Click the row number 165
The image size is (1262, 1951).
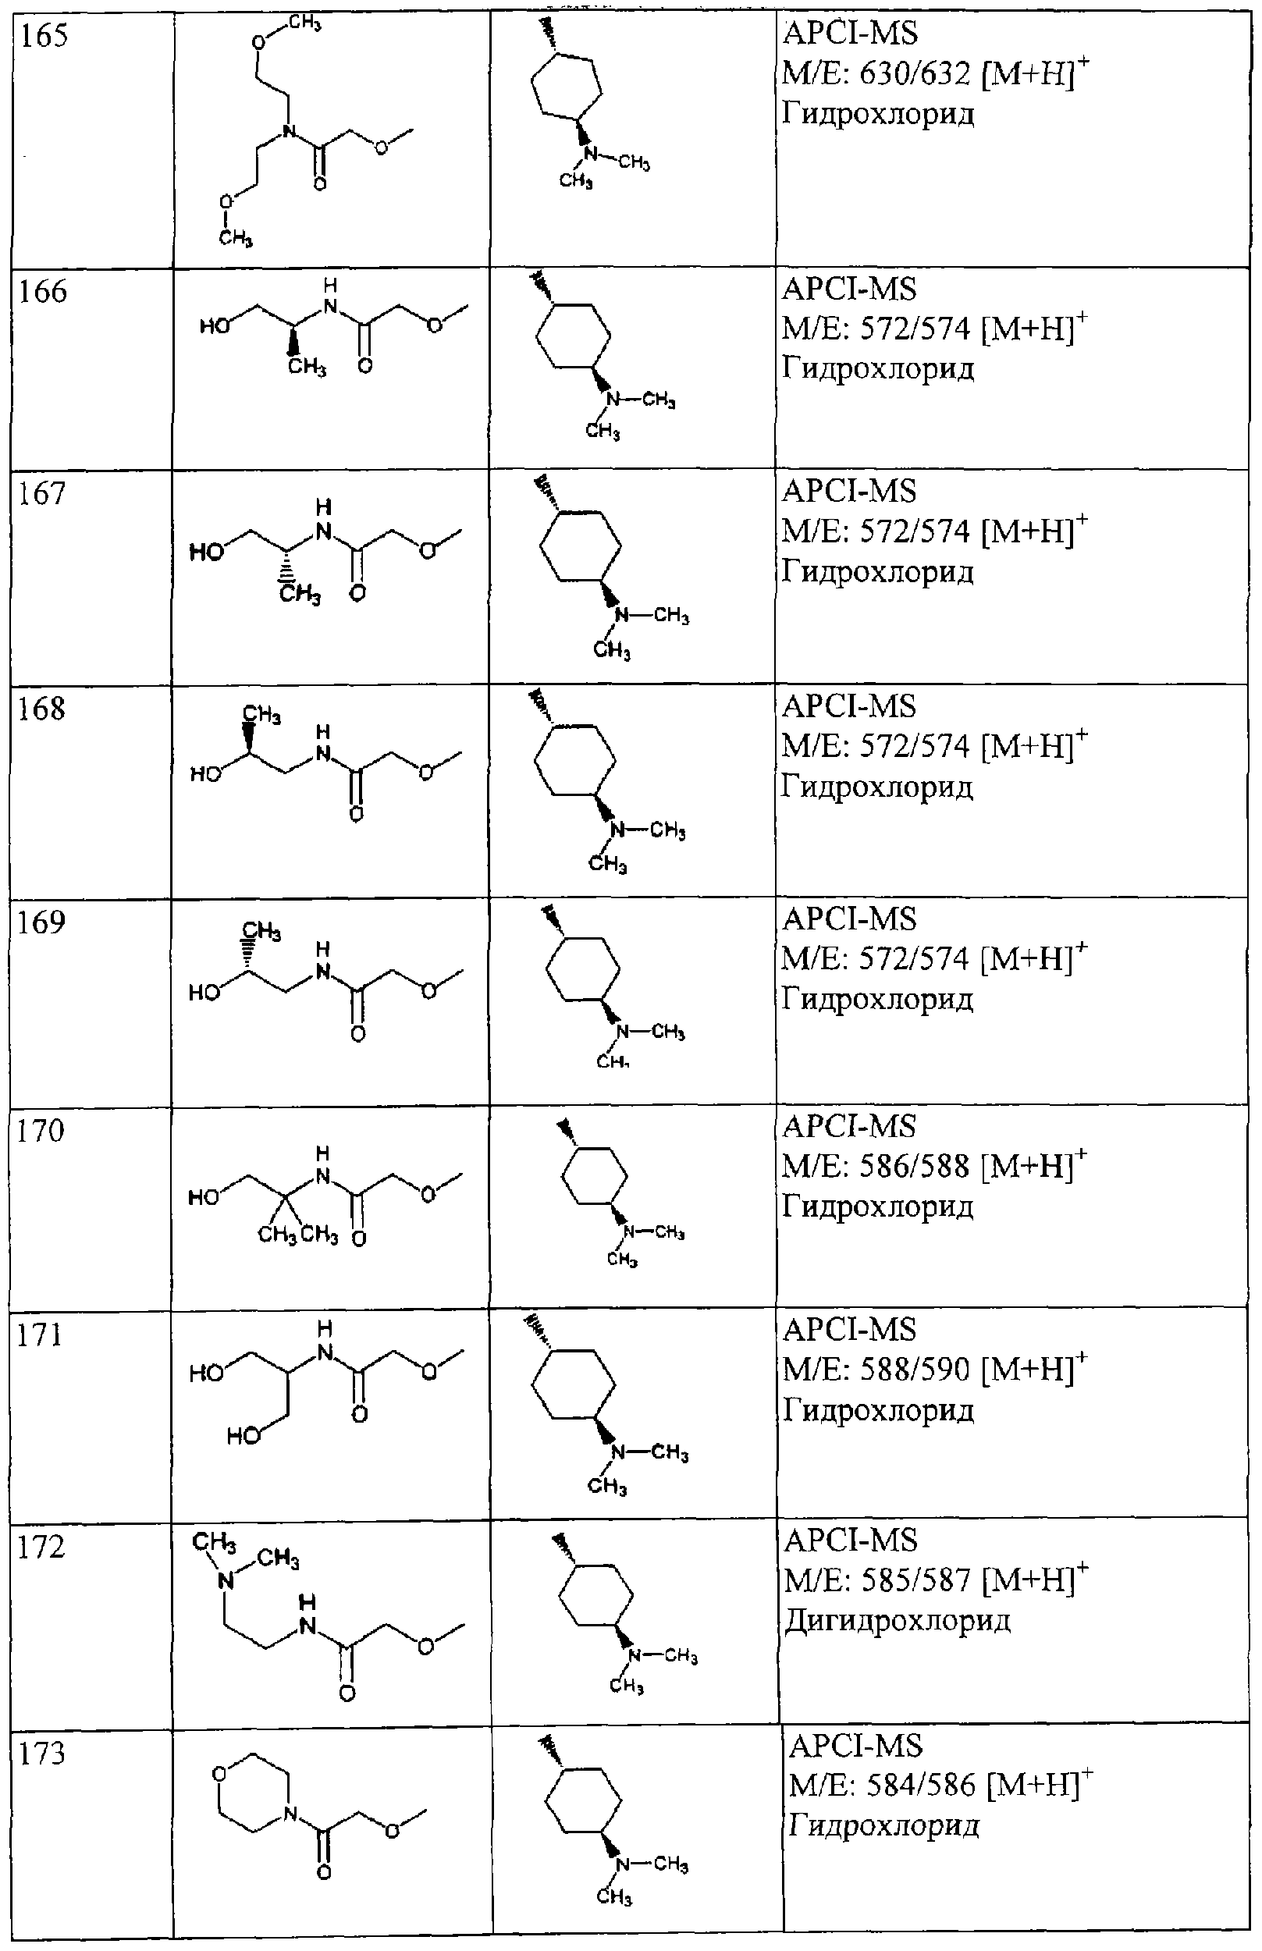point(44,36)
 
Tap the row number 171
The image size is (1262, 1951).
point(40,1334)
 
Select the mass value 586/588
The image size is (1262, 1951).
point(915,1165)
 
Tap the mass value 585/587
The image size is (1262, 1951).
point(916,1580)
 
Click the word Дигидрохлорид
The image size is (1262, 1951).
point(898,1621)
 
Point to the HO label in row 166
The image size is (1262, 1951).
point(215,326)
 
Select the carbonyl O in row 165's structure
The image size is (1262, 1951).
point(320,183)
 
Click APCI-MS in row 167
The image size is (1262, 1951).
point(849,492)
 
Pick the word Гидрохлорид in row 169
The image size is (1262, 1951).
point(878,1000)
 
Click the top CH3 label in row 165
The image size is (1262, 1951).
point(305,23)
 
